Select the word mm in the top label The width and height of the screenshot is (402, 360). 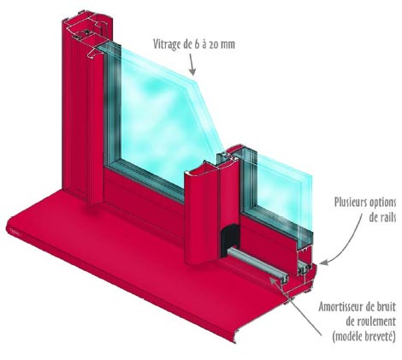(228, 45)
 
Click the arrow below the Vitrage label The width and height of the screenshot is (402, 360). (192, 64)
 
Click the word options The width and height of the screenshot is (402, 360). (382, 204)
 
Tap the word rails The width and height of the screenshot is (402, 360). (387, 217)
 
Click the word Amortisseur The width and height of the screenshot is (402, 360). (340, 307)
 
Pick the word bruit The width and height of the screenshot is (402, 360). (386, 307)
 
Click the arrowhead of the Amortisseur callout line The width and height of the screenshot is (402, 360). (272, 280)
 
